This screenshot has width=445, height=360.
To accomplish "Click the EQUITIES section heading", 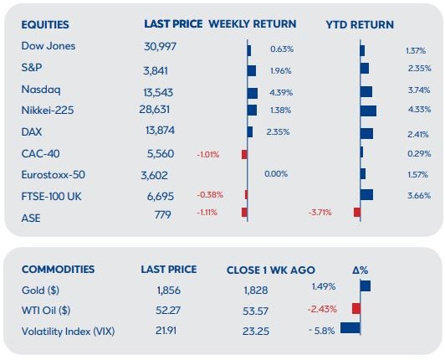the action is pyautogui.click(x=45, y=25).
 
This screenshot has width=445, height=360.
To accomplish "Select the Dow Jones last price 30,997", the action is pyautogui.click(x=160, y=46).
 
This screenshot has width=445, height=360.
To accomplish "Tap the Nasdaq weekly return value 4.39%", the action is pyautogui.click(x=281, y=93).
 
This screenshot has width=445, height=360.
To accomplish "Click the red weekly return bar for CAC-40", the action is pyautogui.click(x=244, y=155).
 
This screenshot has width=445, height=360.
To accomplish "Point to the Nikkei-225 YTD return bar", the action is pyautogui.click(x=368, y=111).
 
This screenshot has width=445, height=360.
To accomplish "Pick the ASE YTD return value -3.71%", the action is pyautogui.click(x=320, y=213).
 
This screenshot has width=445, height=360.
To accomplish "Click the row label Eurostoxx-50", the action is pyautogui.click(x=53, y=175).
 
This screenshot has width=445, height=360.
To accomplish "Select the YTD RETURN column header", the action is pyautogui.click(x=360, y=25).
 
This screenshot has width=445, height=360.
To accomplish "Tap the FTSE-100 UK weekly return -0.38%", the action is pyautogui.click(x=210, y=195).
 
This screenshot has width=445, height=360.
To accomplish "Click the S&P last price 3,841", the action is pyautogui.click(x=156, y=71).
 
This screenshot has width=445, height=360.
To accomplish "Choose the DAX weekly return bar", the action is pyautogui.click(x=250, y=131).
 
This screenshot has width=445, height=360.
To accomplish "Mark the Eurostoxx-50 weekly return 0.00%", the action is pyautogui.click(x=276, y=173).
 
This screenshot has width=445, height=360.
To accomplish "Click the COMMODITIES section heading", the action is pyautogui.click(x=59, y=270).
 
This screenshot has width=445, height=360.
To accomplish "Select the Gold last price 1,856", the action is pyautogui.click(x=169, y=291).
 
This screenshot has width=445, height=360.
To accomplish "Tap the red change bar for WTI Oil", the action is pyautogui.click(x=356, y=309).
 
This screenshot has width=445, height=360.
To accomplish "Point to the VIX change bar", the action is pyautogui.click(x=350, y=327).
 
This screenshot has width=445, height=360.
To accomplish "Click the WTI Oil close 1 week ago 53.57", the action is pyautogui.click(x=255, y=311).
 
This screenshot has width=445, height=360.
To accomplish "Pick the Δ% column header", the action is pyautogui.click(x=361, y=270).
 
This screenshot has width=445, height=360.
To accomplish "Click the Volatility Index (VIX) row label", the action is pyautogui.click(x=68, y=332).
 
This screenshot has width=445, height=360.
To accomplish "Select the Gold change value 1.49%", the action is pyautogui.click(x=324, y=286).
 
